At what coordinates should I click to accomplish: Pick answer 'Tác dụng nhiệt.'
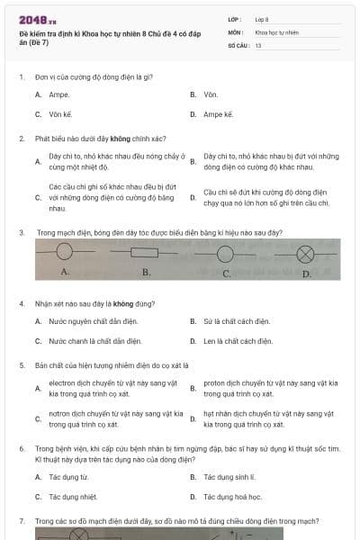pos(73,496)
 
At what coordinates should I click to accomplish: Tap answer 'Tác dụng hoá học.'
pos(232,496)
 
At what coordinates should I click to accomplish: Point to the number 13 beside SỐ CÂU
pos(258,44)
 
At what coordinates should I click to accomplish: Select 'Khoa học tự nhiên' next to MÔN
pos(277,31)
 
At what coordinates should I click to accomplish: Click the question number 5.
pos(21,365)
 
